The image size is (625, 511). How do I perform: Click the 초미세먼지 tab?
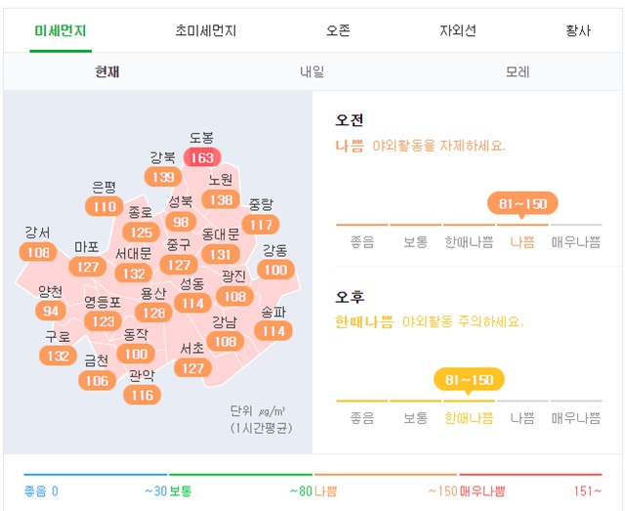(205, 30)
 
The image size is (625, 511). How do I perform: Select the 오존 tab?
(339, 30)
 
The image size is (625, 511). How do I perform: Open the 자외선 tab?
(457, 30)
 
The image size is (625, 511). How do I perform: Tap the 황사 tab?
(578, 30)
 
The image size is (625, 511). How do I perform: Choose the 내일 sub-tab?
(312, 72)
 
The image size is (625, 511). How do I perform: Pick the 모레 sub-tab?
(518, 72)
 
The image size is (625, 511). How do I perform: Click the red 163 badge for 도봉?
(202, 157)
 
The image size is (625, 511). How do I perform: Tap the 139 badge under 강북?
(163, 177)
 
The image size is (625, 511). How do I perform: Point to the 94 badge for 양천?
(51, 311)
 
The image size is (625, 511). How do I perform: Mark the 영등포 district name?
(103, 302)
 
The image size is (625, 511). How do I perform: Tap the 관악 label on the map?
(142, 376)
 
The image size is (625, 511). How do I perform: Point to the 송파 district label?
(274, 313)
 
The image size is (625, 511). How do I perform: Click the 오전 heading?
(350, 120)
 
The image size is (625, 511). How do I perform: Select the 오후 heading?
(350, 296)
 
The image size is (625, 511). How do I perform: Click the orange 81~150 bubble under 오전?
(522, 204)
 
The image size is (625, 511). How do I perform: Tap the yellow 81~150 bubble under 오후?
(469, 379)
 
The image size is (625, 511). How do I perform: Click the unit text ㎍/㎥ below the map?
(273, 411)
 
